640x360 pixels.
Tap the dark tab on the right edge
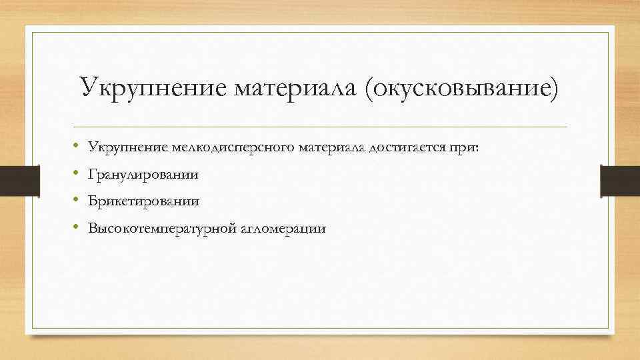620,180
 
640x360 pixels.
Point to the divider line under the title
320,127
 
